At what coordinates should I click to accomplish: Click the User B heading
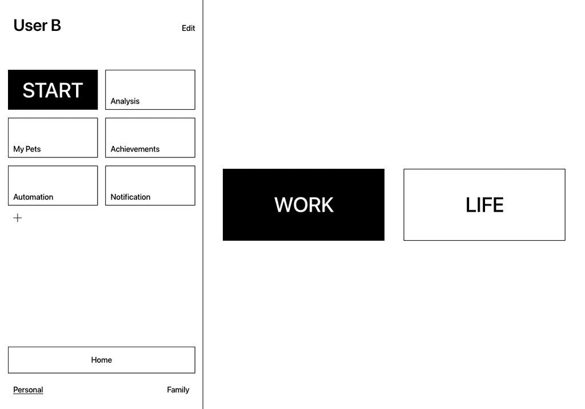point(37,25)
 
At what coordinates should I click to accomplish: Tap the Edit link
point(188,28)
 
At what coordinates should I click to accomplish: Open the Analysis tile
point(150,90)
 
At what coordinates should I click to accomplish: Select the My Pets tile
point(53,138)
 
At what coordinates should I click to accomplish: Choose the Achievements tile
point(150,138)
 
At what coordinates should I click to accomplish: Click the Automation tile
point(53,186)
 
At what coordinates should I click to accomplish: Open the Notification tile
point(150,186)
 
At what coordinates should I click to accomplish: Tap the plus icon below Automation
point(18,218)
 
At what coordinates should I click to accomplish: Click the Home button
point(101,360)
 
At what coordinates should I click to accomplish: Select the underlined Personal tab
point(28,390)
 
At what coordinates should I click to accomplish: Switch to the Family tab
point(178,390)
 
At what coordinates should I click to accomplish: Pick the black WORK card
point(303,205)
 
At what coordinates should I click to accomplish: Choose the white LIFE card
point(484,205)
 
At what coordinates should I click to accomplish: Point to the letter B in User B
point(55,25)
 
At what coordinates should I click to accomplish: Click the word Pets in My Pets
point(33,149)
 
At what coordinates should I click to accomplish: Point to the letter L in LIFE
point(471,205)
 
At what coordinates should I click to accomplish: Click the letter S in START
point(29,90)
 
